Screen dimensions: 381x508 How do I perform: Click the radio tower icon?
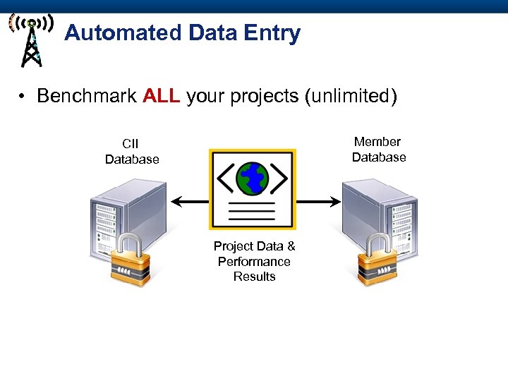point(30,40)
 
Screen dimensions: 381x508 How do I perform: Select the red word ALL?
point(161,96)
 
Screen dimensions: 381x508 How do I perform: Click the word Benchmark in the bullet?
point(86,96)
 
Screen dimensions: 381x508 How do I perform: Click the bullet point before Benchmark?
point(24,97)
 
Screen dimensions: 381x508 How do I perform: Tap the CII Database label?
point(132,152)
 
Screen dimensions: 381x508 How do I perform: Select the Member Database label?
point(378,150)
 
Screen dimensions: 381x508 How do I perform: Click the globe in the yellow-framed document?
point(252,179)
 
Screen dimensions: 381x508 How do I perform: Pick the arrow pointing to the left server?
point(189,202)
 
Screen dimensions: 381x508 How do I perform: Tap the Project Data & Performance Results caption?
point(254,261)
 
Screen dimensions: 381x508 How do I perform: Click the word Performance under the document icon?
point(254,261)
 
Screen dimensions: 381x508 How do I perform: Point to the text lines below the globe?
point(252,211)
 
